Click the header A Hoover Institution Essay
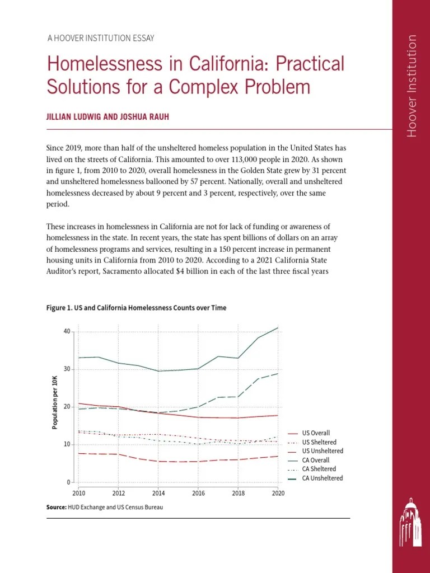[x=101, y=39]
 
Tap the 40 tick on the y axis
[x=67, y=331]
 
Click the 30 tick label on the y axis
[x=67, y=369]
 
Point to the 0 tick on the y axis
[x=68, y=482]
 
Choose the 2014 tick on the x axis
[x=158, y=493]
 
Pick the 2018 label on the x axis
[x=238, y=493]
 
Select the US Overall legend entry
[x=316, y=433]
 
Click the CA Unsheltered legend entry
[x=322, y=478]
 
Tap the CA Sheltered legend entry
[x=319, y=469]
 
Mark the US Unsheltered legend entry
[x=322, y=451]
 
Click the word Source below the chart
[x=57, y=507]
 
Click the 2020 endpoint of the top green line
[x=278, y=327]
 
